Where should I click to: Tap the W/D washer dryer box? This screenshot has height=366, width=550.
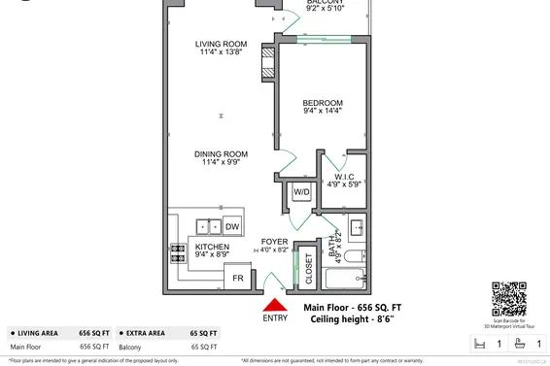pyautogui.click(x=301, y=193)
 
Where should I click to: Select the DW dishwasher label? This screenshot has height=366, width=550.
pyautogui.click(x=231, y=226)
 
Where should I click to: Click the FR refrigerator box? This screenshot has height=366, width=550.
pyautogui.click(x=235, y=279)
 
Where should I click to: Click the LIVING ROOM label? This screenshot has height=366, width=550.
pyautogui.click(x=220, y=44)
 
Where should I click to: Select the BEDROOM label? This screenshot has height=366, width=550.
pyautogui.click(x=322, y=102)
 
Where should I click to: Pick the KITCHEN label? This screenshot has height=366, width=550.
pyautogui.click(x=212, y=248)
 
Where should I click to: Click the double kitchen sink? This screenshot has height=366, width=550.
pyautogui.click(x=206, y=226)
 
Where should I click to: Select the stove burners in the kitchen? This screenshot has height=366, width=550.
pyautogui.click(x=179, y=252)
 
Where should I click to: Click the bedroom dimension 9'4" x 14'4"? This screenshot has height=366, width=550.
pyautogui.click(x=322, y=112)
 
